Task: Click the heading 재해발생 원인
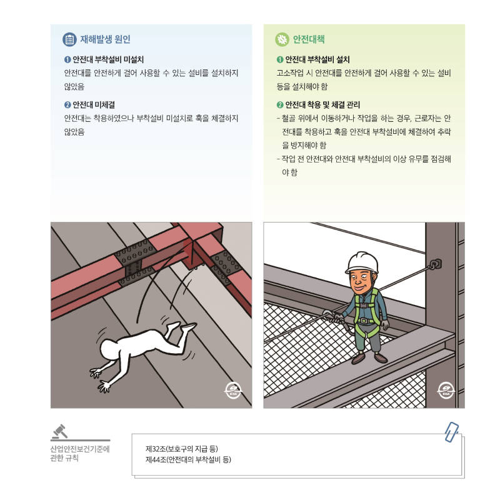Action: coord(105,39)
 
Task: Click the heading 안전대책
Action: coord(309,39)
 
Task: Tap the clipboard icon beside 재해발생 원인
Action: coord(69,39)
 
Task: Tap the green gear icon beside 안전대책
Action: coord(282,39)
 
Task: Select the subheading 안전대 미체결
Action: coord(93,104)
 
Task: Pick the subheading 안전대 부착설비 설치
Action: coord(317,60)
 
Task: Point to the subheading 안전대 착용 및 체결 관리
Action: coord(322,104)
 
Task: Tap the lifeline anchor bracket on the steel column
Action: coord(436,265)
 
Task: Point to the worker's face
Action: coord(362,276)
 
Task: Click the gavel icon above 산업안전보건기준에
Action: coord(60,431)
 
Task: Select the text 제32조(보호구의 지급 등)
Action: coord(182,449)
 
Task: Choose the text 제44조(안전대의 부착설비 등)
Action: coord(188,459)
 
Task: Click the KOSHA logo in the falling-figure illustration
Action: coord(232,391)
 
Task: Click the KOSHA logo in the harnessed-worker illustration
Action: coord(446,389)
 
